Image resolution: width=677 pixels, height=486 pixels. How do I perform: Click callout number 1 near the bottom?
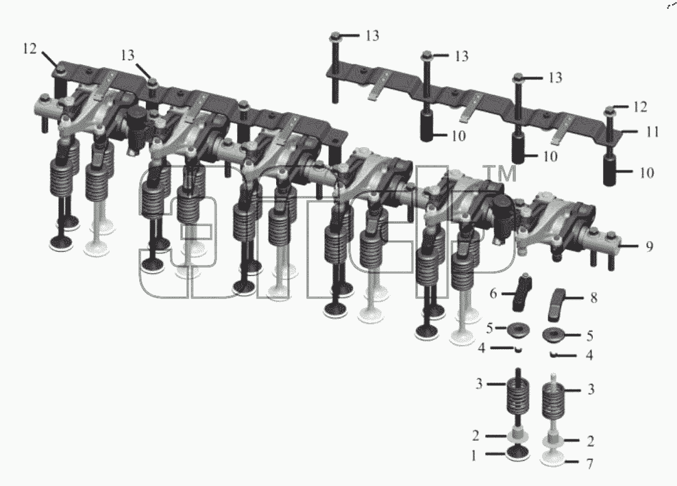[x=474, y=455]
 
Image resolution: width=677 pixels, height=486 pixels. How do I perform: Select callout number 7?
[x=589, y=463]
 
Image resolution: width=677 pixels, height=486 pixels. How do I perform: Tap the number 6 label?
[x=493, y=294]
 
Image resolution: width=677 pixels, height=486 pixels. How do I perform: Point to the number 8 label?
[x=593, y=298]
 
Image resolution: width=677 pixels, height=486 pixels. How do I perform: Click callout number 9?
[x=650, y=246]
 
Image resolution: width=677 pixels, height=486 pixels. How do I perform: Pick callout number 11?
[x=652, y=131]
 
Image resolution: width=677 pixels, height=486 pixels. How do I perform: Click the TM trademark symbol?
[x=502, y=173]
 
